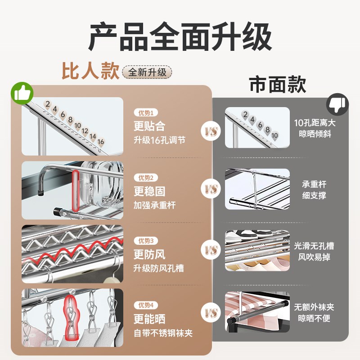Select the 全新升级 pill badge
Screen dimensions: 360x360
click(147, 72)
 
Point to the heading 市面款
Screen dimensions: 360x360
click(278, 84)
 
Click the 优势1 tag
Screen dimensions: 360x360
click(146, 113)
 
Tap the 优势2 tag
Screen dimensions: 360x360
click(146, 178)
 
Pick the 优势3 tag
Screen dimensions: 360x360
click(146, 241)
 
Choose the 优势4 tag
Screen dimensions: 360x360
click(146, 305)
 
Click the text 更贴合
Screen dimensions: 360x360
click(149, 126)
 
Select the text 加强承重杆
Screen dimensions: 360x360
click(154, 205)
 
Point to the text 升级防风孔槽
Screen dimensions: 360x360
click(158, 269)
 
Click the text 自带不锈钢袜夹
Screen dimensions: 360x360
click(163, 333)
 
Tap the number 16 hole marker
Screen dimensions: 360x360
click(101, 142)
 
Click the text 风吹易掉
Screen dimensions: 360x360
click(315, 258)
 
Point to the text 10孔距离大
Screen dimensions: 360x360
click(315, 123)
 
